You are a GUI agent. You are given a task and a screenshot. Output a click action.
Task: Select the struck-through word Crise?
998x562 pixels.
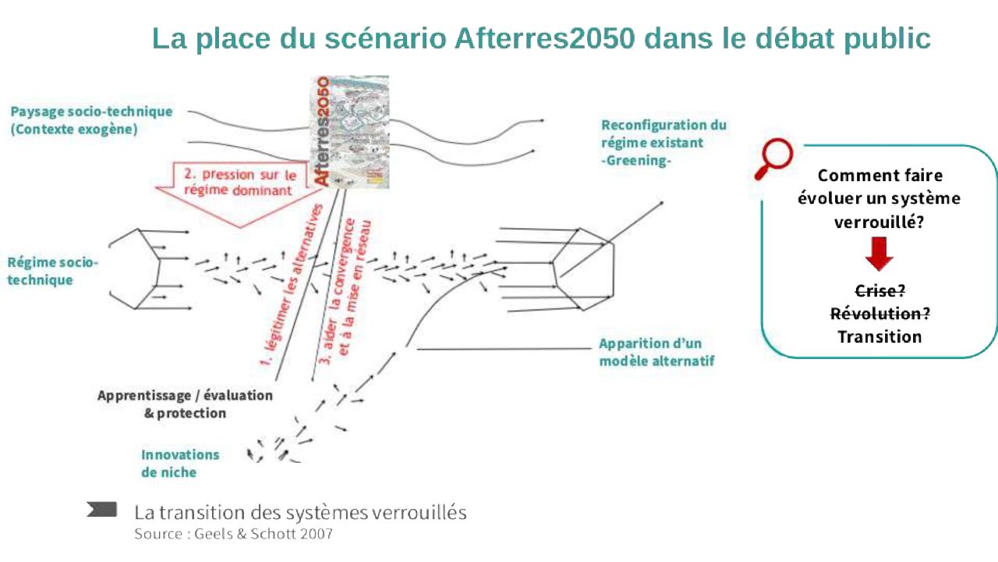[x=879, y=290]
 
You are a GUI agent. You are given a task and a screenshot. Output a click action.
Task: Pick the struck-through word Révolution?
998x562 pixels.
[x=879, y=314]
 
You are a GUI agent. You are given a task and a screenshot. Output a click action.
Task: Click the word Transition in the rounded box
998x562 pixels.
[x=879, y=337]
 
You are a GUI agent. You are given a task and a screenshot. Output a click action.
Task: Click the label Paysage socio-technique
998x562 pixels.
[x=91, y=112]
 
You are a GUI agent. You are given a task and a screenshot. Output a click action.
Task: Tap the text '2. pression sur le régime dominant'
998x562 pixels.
[x=239, y=183]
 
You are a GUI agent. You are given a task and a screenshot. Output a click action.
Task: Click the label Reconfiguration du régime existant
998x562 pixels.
[x=664, y=133]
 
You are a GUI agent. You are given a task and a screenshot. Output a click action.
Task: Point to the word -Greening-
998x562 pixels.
[x=636, y=161]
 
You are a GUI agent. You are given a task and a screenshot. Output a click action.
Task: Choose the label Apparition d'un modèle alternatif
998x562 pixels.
[x=656, y=352]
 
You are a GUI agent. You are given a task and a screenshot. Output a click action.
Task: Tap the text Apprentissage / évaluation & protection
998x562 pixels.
[x=185, y=404]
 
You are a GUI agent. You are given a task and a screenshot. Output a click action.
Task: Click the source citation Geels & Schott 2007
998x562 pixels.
[x=233, y=535]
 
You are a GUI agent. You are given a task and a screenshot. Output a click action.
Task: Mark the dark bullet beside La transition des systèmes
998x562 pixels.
[x=102, y=510]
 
